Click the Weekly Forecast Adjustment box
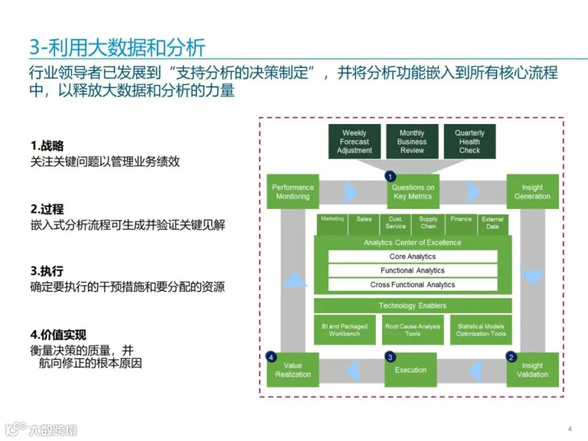[355, 141]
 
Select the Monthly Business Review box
[412, 141]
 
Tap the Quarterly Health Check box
[469, 141]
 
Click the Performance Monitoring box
[293, 191]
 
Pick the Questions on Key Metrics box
[413, 192]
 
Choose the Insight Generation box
[532, 191]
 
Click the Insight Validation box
[532, 370]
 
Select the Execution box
[410, 370]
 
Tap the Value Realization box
[293, 370]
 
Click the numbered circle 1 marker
[391, 176]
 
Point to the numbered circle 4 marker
[271, 357]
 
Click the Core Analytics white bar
[412, 257]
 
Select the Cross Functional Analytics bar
[412, 285]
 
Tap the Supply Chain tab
[428, 223]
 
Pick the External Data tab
[493, 223]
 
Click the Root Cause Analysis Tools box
[412, 330]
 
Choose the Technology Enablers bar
[412, 306]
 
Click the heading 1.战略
[47, 146]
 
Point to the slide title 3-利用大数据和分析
[118, 47]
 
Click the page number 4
[570, 429]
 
